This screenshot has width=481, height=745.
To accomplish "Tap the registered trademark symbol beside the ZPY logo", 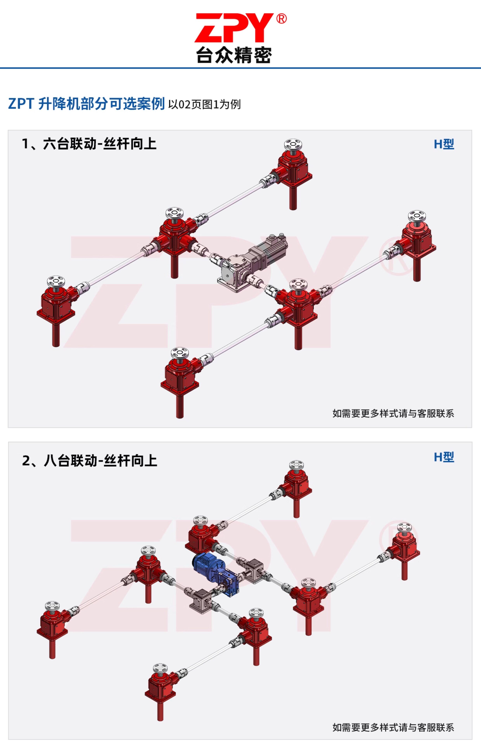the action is point(281,19).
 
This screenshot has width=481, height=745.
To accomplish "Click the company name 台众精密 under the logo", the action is point(234,55).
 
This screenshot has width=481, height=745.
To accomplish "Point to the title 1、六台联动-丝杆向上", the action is point(89,144).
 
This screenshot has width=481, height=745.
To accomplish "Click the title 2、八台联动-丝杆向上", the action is point(89,461).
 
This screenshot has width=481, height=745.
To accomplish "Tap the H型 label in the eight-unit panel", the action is point(444,457).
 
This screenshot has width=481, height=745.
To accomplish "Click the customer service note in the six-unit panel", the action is point(393,414).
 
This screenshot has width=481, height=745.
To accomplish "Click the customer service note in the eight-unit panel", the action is point(393,728).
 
